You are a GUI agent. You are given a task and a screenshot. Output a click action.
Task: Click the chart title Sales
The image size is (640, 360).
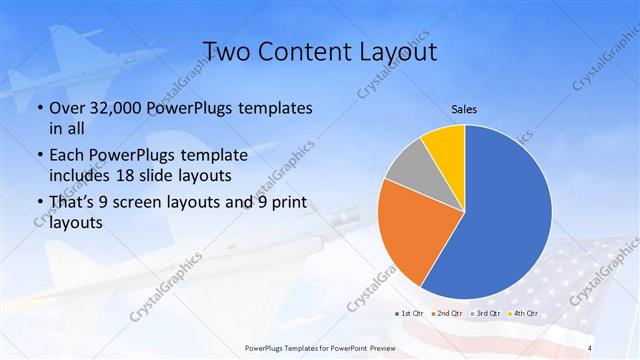[x=465, y=109]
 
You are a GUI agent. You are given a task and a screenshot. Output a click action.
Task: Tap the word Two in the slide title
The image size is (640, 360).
[x=226, y=51]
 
